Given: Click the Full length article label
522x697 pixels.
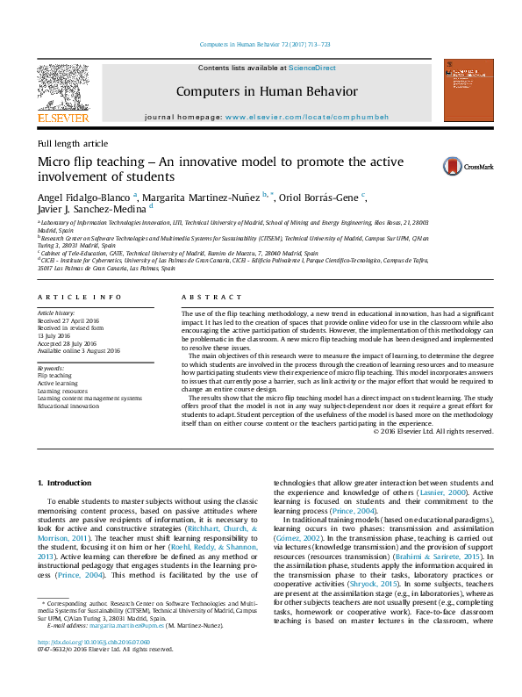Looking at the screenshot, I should click(73, 143).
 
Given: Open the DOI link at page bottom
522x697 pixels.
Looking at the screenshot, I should click(94, 666).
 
